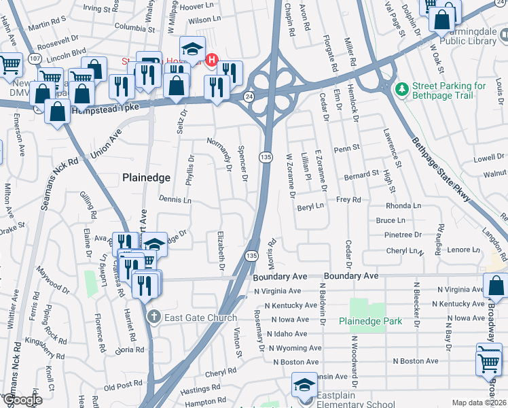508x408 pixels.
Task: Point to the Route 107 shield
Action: pyautogui.click(x=34, y=60)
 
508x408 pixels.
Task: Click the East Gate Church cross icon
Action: pyautogui.click(x=154, y=318)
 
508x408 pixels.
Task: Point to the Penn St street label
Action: pyautogui.click(x=346, y=148)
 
